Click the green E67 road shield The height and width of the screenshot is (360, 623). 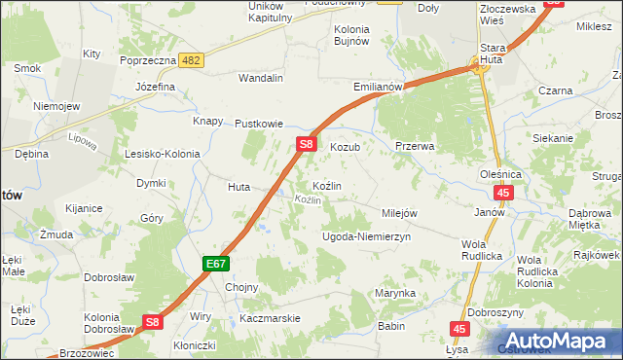click(216, 264)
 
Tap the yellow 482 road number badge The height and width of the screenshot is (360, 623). click(192, 60)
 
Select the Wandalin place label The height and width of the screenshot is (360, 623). click(261, 78)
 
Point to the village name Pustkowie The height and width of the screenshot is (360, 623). click(259, 125)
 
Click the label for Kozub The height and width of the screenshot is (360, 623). click(346, 147)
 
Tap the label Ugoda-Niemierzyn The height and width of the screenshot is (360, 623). click(367, 236)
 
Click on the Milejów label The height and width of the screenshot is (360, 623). click(399, 213)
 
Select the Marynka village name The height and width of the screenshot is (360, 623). click(396, 293)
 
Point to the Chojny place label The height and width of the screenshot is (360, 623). click(241, 287)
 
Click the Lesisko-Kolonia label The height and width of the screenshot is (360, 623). click(162, 154)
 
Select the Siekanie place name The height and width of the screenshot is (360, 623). click(553, 138)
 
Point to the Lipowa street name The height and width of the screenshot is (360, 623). click(84, 142)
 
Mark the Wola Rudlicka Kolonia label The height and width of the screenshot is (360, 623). click(536, 271)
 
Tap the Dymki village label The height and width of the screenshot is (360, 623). click(151, 183)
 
